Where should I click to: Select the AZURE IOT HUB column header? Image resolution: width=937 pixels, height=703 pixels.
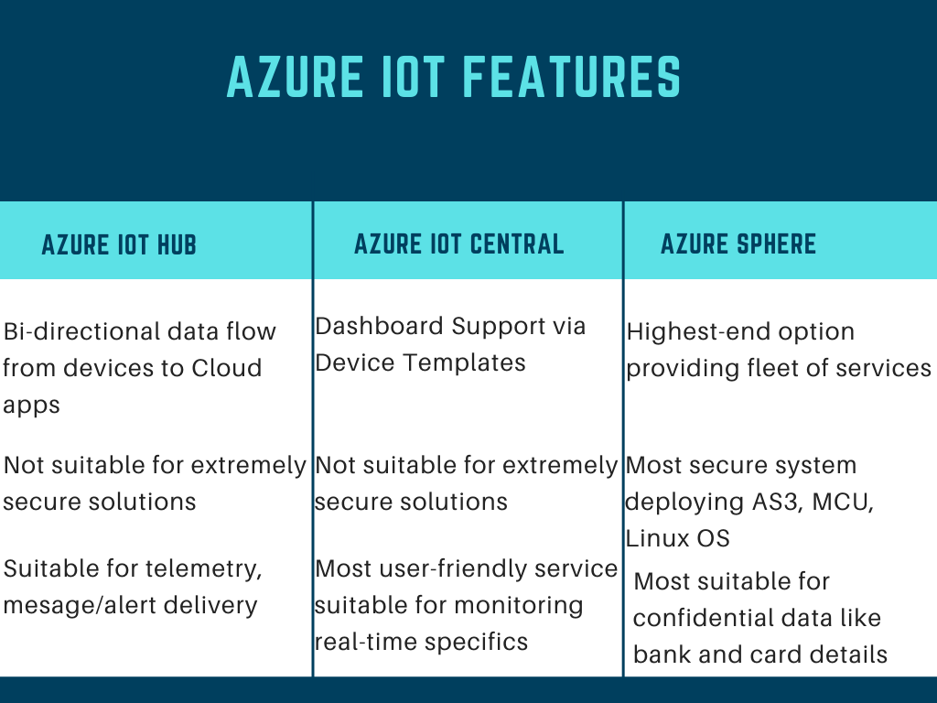[x=119, y=245]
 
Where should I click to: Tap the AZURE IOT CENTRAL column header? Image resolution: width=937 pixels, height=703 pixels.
[x=458, y=244]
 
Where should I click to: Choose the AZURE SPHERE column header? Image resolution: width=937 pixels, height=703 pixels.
[x=738, y=244]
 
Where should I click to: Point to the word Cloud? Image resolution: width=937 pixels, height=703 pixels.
[x=226, y=368]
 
